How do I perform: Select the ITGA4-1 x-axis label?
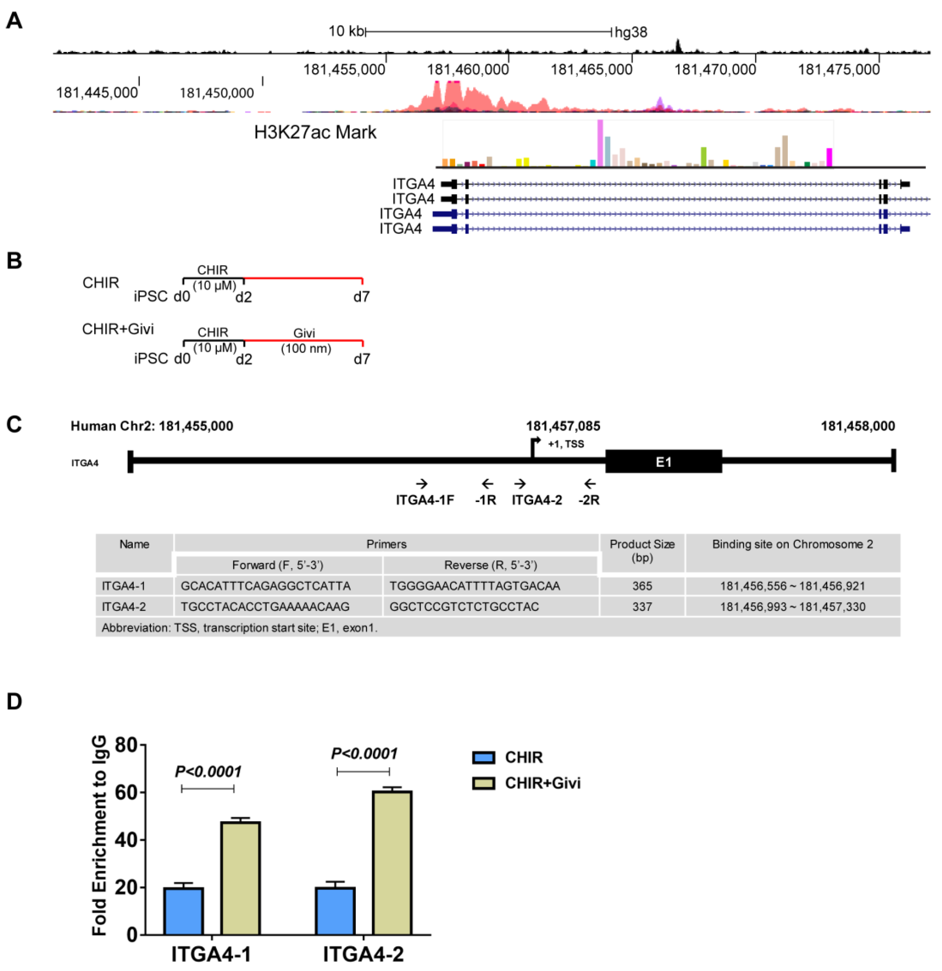pyautogui.click(x=212, y=954)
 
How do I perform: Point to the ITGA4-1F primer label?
pyautogui.click(x=424, y=500)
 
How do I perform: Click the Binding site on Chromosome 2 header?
pyautogui.click(x=792, y=544)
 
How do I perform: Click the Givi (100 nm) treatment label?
pyautogui.click(x=305, y=341)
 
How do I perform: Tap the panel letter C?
pyautogui.click(x=14, y=425)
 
